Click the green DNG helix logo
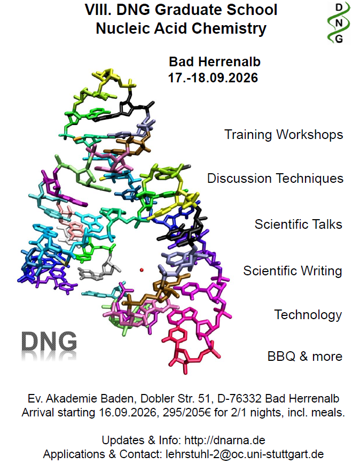click(339, 23)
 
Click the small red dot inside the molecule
click(142, 270)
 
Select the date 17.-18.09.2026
click(213, 78)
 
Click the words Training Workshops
click(284, 135)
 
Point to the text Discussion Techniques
click(275, 179)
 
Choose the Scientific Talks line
click(299, 225)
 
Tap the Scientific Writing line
click(293, 271)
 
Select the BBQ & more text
click(305, 356)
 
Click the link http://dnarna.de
click(225, 440)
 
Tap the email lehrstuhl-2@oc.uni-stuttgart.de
click(245, 454)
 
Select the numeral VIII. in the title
click(98, 10)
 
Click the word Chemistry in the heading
click(229, 29)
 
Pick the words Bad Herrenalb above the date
click(215, 62)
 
